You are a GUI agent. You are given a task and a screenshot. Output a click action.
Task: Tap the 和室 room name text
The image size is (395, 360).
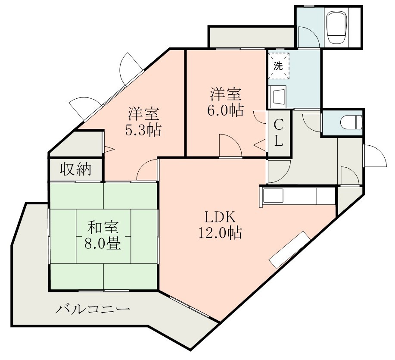(x=104, y=227)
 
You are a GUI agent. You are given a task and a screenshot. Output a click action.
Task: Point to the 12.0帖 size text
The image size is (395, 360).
(x=219, y=233)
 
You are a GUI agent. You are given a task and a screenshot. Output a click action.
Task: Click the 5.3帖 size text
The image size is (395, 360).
(x=143, y=130)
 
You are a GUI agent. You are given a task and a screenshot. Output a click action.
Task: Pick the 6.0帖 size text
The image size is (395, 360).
(x=225, y=110)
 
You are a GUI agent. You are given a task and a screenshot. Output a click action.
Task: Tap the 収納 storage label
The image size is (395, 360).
(x=75, y=170)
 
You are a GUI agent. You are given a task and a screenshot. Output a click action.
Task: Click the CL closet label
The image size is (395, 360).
(x=279, y=133)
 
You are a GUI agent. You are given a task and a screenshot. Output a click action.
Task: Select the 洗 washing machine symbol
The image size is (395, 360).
(x=279, y=66)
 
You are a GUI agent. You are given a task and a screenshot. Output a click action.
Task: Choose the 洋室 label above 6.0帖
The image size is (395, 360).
(x=225, y=94)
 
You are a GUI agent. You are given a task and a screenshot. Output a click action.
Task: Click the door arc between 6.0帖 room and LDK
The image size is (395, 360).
(x=230, y=145)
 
